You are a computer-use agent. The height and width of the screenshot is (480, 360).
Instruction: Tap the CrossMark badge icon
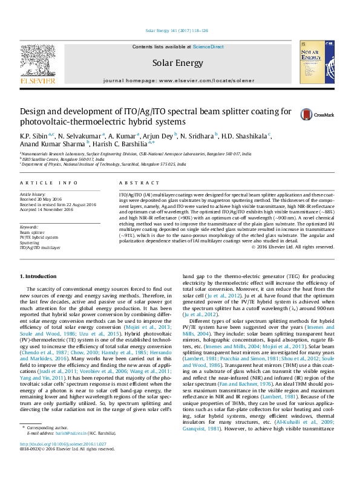pyautogui.click(x=310, y=114)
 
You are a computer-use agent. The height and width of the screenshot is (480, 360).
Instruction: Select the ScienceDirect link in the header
pyautogui.click(x=208, y=47)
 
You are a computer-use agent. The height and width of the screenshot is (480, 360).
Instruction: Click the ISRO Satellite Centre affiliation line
pyautogui.click(x=61, y=158)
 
